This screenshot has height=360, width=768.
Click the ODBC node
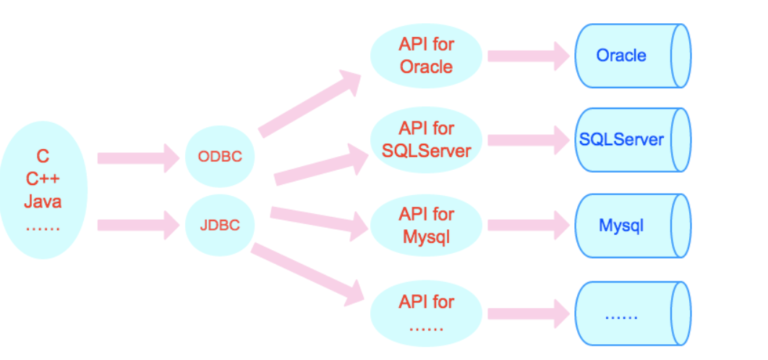220,157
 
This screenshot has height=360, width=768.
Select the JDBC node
220,225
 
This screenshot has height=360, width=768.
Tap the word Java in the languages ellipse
43,201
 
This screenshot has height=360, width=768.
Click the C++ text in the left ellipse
43,179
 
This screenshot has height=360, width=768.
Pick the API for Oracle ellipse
426,56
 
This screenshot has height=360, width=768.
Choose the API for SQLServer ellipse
426,140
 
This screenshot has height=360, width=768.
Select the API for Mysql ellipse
426,226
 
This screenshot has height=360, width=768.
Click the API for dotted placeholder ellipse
426,314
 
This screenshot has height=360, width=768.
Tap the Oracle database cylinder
633,56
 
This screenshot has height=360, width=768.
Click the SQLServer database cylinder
633,140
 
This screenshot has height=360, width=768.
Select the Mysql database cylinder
633,226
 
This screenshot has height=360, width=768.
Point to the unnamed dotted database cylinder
633,314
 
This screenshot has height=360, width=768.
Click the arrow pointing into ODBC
139,158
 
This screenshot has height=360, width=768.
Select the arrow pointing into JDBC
139,226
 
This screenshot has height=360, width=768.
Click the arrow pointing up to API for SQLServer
321,164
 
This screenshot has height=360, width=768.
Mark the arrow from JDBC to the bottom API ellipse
308,273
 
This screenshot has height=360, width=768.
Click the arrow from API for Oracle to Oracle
529,56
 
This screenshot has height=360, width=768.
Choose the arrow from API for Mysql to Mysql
529,226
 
